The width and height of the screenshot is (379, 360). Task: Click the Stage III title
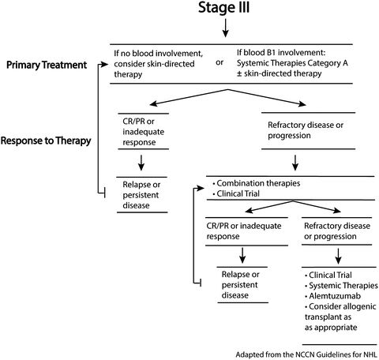click(223, 7)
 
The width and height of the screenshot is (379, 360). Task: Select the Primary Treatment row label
click(47, 65)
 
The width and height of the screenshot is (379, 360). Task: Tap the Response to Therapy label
click(46, 141)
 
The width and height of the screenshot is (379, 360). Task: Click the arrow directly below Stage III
click(225, 28)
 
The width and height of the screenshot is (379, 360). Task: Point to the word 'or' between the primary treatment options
click(220, 62)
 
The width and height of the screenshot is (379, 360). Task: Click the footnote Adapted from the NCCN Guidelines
click(306, 354)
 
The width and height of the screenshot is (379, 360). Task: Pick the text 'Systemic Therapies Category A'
click(292, 63)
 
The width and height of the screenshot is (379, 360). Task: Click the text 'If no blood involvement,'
click(159, 54)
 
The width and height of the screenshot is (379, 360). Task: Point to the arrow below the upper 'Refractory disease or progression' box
click(295, 163)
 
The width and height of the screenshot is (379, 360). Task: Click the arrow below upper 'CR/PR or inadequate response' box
click(141, 163)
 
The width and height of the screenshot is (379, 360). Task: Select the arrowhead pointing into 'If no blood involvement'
click(105, 65)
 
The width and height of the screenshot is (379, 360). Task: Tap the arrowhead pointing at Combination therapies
click(201, 188)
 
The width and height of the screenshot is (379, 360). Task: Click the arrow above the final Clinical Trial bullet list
click(339, 256)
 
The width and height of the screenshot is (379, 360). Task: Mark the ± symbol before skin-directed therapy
click(239, 73)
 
